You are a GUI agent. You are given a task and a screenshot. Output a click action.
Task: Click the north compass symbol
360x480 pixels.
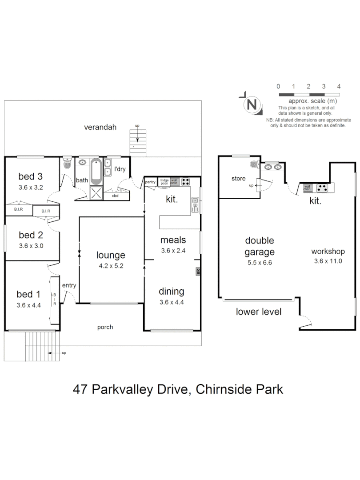(252, 105)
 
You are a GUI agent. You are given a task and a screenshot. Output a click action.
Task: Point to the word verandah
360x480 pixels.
(100, 127)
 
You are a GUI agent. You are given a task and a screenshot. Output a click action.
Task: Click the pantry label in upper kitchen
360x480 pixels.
(150, 181)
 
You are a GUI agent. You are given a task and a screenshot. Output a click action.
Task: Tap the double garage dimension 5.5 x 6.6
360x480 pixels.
(260, 263)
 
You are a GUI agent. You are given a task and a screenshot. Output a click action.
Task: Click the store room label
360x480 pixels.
(238, 179)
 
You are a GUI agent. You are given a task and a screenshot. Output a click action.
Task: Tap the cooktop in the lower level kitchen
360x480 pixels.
(322, 188)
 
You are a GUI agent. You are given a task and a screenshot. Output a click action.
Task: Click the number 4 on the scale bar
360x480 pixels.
(339, 86)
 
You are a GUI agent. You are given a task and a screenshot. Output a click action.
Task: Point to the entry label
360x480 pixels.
(69, 285)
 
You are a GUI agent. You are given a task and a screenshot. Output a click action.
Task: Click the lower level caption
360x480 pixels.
(259, 312)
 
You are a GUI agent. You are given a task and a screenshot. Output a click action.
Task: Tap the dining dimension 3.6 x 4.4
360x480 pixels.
(172, 302)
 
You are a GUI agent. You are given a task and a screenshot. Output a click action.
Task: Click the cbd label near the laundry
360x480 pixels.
(115, 196)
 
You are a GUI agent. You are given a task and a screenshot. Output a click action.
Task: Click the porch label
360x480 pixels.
(105, 327)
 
